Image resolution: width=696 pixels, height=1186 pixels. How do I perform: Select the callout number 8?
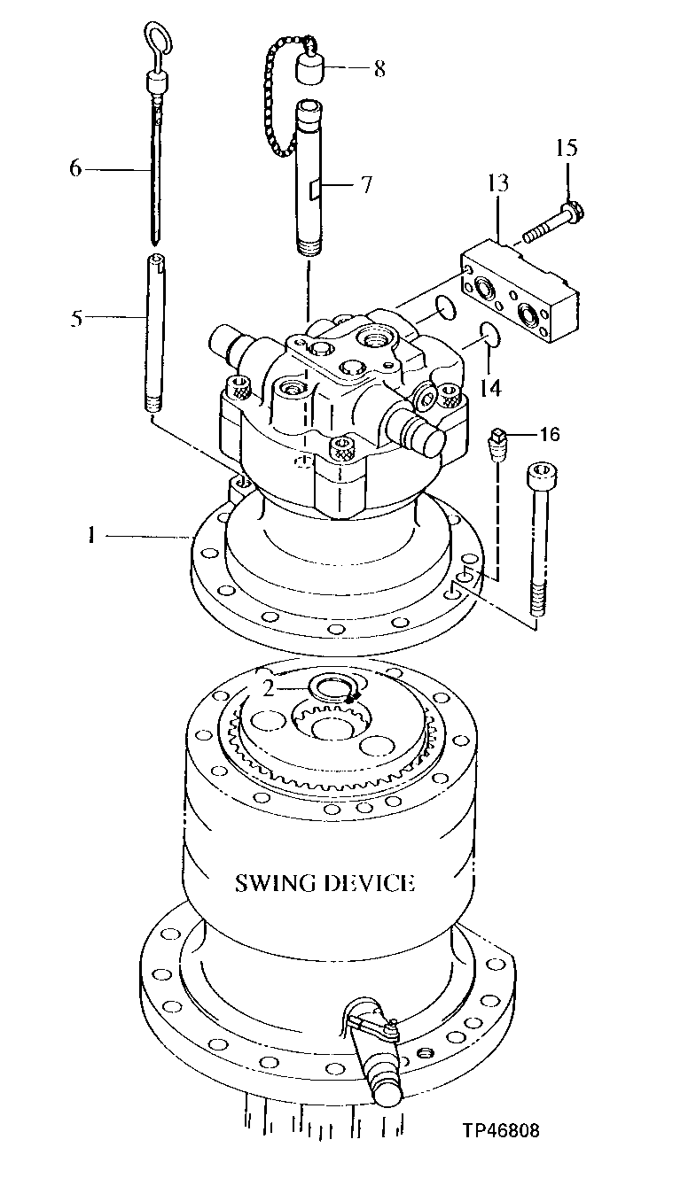379,69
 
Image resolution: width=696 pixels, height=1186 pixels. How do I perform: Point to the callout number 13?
498,183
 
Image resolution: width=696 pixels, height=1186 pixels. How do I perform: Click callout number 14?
490,387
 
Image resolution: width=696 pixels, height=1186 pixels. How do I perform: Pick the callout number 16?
550,434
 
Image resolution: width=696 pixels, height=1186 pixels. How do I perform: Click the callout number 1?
91,534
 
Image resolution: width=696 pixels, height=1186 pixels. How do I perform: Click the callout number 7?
365,185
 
